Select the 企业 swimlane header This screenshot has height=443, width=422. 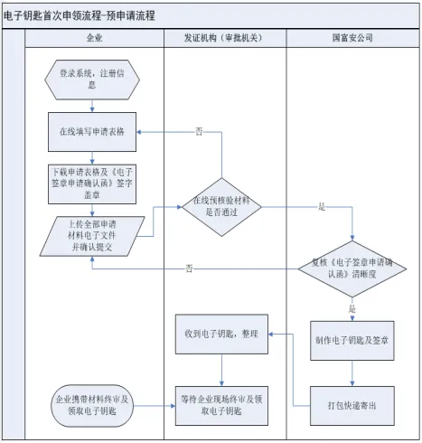(94, 39)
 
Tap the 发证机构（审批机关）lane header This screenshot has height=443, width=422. (224, 39)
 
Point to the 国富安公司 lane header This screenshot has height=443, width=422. (352, 39)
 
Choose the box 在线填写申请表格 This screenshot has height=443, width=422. (92, 131)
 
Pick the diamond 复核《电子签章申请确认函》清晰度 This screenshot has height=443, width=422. (352, 269)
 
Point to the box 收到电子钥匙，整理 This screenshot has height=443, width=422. (221, 333)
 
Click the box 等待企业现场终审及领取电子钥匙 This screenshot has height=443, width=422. (221, 403)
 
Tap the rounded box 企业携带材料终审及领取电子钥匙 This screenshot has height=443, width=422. (92, 403)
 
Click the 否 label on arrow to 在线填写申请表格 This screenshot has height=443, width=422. (199, 132)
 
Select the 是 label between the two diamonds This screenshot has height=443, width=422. (297, 207)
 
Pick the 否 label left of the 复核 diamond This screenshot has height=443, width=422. (189, 269)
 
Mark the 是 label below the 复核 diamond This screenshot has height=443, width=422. (352, 308)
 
